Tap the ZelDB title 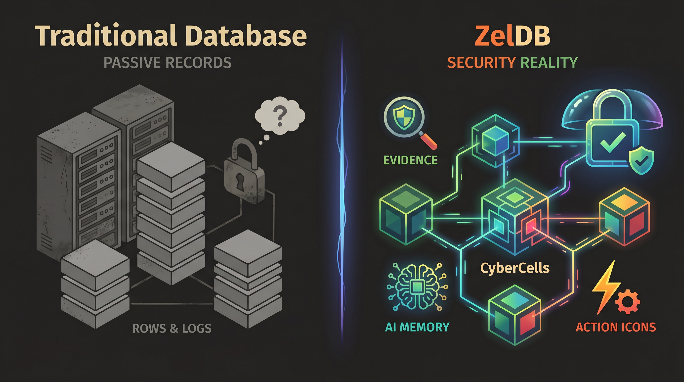pyautogui.click(x=512, y=36)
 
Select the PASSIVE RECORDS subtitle pyautogui.click(x=168, y=63)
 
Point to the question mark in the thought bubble pyautogui.click(x=280, y=116)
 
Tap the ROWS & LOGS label pyautogui.click(x=172, y=329)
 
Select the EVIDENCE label pyautogui.click(x=411, y=160)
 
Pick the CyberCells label pyautogui.click(x=515, y=268)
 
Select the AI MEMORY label pyautogui.click(x=417, y=327)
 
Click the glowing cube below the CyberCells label pyautogui.click(x=515, y=315)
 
